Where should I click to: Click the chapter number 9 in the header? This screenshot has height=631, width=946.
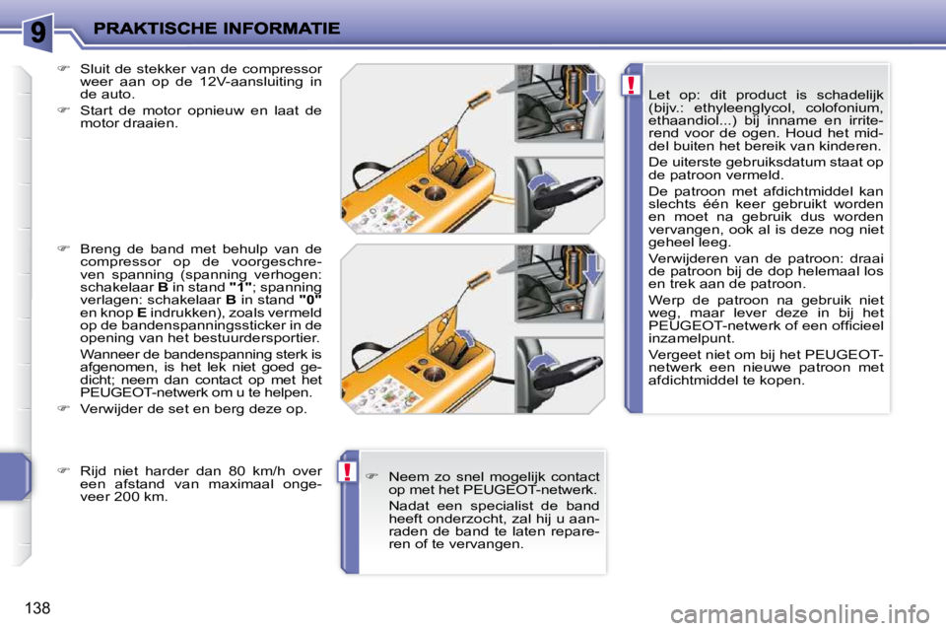pyautogui.click(x=36, y=32)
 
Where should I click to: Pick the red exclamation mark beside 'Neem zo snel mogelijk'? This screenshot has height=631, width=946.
pyautogui.click(x=348, y=472)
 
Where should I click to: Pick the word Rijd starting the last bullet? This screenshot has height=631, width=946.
pyautogui.click(x=94, y=470)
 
